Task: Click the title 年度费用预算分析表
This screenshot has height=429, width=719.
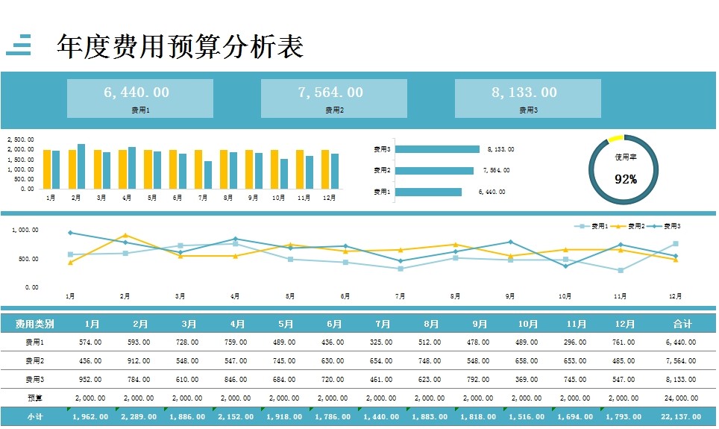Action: (180, 46)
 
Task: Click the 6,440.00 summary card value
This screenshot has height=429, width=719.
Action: (136, 93)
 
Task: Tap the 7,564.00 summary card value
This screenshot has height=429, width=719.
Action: (330, 93)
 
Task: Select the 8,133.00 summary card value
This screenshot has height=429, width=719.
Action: (524, 93)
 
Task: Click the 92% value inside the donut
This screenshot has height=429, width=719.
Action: (625, 179)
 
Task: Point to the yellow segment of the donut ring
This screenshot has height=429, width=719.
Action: (615, 138)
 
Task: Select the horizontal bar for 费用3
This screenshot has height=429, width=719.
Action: (437, 149)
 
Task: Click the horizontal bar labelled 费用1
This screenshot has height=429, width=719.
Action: (428, 192)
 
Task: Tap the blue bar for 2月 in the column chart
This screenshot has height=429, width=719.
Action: (81, 166)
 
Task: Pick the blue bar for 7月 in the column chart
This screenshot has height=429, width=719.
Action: (208, 175)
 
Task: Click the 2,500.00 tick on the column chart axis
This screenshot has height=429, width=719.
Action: (21, 140)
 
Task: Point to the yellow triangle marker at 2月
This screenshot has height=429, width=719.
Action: (125, 236)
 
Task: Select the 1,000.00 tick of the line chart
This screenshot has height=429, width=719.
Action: (25, 231)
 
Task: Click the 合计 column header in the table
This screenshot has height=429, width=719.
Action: (682, 325)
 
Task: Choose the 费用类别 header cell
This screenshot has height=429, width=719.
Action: (34, 325)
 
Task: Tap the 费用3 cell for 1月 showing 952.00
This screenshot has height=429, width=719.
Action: (92, 380)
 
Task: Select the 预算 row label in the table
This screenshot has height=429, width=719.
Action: (34, 398)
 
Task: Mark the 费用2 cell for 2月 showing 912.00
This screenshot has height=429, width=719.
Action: (140, 361)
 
